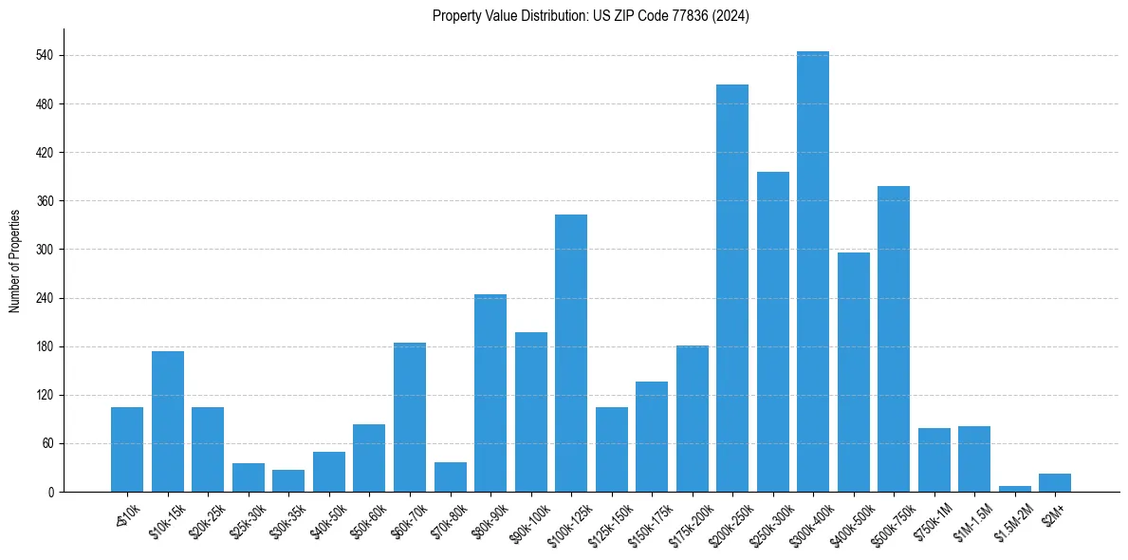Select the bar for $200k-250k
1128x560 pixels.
(731, 289)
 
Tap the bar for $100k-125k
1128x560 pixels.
(570, 353)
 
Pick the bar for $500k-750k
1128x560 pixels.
(893, 339)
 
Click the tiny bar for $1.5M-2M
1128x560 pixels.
(1014, 489)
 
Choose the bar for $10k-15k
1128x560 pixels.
(167, 421)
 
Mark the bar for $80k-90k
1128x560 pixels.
(490, 393)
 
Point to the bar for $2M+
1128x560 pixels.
(1054, 482)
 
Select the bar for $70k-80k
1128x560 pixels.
(450, 476)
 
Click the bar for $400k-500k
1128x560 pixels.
(853, 372)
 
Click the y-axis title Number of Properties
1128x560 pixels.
(14, 261)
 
